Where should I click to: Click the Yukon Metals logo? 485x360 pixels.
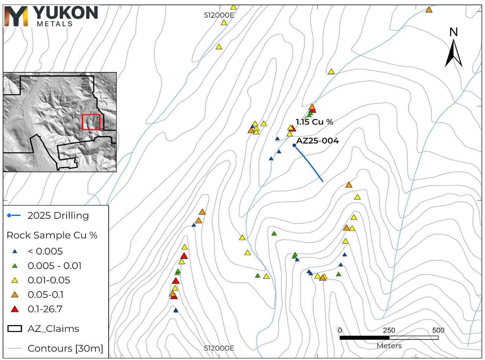(51, 16)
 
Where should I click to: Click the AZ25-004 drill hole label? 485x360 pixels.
(317, 141)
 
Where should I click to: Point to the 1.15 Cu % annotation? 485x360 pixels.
(314, 122)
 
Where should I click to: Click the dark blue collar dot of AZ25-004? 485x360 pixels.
(294, 145)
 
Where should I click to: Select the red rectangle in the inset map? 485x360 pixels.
(91, 122)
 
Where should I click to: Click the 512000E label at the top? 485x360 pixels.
(219, 15)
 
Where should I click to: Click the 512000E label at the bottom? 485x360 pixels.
(219, 348)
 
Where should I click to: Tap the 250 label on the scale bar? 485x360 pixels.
(389, 330)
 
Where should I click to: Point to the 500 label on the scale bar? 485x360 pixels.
(438, 330)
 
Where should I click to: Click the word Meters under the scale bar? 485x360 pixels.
(389, 346)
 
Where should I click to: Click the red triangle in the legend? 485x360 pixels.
(15, 309)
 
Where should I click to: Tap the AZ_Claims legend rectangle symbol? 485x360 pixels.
(15, 329)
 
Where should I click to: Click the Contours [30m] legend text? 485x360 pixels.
(65, 348)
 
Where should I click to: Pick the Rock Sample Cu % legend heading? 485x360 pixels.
(52, 235)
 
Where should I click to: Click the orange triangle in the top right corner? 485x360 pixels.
(429, 10)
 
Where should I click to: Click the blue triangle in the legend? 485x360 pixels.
(15, 252)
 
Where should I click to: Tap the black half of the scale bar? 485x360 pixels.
(364, 338)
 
